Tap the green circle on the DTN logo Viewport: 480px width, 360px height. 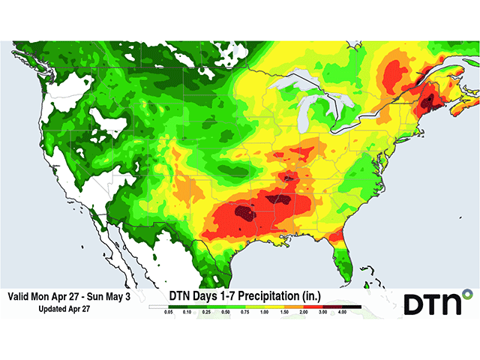[466, 292]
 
